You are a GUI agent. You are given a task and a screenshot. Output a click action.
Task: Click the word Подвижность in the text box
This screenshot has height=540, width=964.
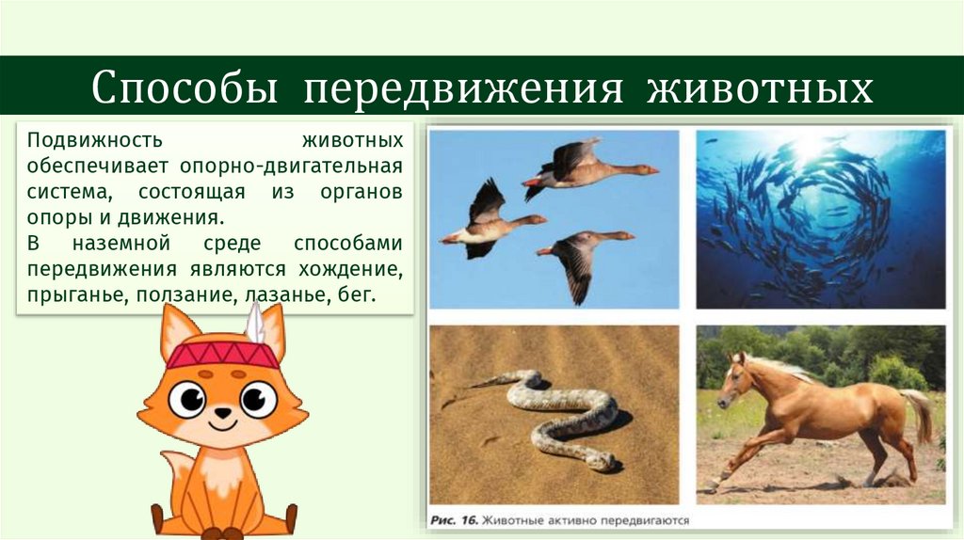tap(96, 140)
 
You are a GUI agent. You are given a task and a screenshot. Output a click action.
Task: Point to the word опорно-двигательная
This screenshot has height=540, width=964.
tap(314, 167)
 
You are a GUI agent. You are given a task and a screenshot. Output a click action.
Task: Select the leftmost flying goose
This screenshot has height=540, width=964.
tap(490, 222)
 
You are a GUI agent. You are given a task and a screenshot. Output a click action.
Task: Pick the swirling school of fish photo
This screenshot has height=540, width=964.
tap(820, 218)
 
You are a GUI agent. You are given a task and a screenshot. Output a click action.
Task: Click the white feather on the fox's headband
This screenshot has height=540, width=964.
tap(254, 325)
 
